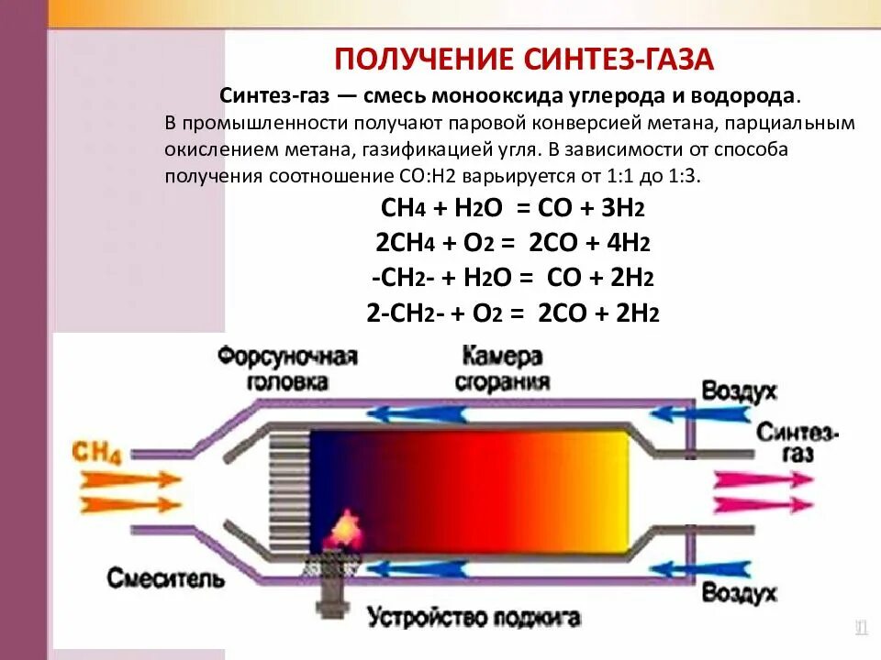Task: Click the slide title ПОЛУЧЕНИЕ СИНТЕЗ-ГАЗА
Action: tap(523, 60)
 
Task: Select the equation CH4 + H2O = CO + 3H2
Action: tap(513, 207)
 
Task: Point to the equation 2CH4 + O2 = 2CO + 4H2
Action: tap(513, 243)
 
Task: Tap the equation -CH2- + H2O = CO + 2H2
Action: tap(513, 278)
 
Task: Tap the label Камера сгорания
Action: tap(501, 368)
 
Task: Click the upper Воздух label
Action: tap(739, 391)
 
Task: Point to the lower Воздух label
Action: tap(739, 591)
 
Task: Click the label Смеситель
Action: tap(165, 578)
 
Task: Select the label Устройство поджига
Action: tap(474, 617)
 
